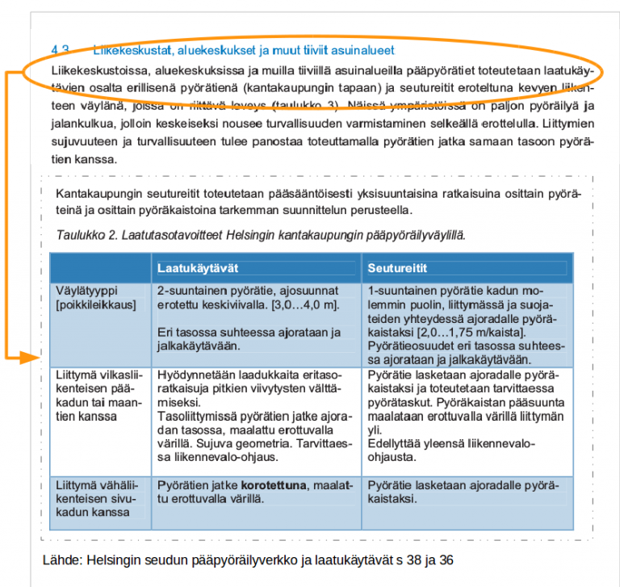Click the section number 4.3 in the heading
tap(61, 49)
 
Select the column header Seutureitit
tap(397, 267)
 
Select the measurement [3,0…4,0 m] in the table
tap(304, 304)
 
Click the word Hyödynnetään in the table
tap(194, 375)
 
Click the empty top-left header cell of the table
tap(100, 267)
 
